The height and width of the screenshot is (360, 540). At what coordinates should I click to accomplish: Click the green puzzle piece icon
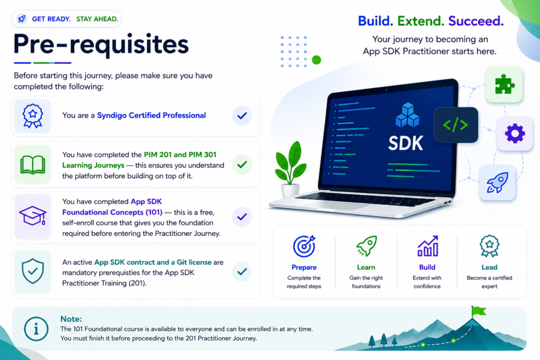pyautogui.click(x=505, y=84)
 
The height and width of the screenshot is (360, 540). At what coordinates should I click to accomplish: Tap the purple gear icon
pyautogui.click(x=515, y=133)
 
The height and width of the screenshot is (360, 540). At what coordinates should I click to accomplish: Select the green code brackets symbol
pyautogui.click(x=455, y=124)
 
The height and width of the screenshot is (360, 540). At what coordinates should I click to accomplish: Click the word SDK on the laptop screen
pyautogui.click(x=406, y=143)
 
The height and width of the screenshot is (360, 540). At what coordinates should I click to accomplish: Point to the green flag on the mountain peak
pyautogui.click(x=479, y=311)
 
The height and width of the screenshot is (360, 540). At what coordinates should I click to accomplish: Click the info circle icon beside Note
pyautogui.click(x=36, y=329)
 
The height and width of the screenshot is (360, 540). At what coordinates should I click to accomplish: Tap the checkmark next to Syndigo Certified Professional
pyautogui.click(x=242, y=115)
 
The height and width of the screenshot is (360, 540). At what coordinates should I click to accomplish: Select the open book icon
pyautogui.click(x=33, y=165)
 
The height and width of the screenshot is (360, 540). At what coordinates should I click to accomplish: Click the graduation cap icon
pyautogui.click(x=33, y=216)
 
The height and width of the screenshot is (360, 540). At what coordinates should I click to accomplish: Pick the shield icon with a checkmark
pyautogui.click(x=33, y=271)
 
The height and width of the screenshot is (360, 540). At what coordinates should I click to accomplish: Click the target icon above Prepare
pyautogui.click(x=304, y=246)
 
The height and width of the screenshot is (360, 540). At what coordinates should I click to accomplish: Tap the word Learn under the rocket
pyautogui.click(x=366, y=267)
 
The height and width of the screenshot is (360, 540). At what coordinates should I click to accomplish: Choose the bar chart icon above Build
pyautogui.click(x=428, y=246)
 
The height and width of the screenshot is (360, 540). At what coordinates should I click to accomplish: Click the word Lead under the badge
pyautogui.click(x=489, y=267)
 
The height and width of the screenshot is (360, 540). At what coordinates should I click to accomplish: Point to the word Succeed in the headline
pyautogui.click(x=476, y=21)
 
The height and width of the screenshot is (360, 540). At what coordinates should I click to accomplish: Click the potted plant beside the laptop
pyautogui.click(x=291, y=169)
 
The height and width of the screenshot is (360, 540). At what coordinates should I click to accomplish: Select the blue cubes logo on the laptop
pyautogui.click(x=408, y=115)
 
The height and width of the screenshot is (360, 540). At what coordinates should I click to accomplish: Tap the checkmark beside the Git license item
pyautogui.click(x=242, y=271)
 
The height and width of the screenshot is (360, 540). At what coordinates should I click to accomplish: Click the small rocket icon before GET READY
pyautogui.click(x=22, y=18)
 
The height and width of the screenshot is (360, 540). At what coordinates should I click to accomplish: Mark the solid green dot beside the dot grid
pyautogui.click(x=316, y=60)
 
